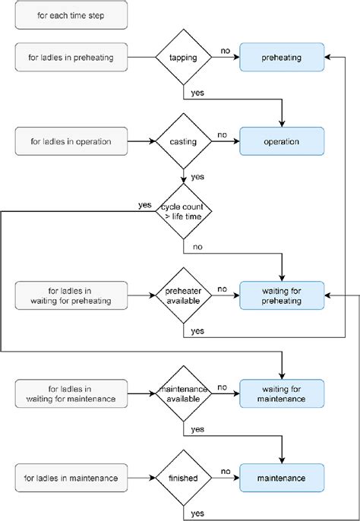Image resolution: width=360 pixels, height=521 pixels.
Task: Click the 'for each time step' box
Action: coord(71,15)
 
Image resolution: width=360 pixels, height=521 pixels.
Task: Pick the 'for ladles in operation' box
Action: coord(71,141)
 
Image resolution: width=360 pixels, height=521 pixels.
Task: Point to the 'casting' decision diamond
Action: coord(184,141)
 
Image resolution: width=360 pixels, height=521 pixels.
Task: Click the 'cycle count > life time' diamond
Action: coord(184,212)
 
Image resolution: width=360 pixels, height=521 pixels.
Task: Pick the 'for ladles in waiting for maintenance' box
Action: coord(71,393)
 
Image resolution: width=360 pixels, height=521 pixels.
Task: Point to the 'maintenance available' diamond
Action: coord(184,393)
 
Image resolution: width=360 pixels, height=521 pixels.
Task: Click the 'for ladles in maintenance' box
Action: coord(71,478)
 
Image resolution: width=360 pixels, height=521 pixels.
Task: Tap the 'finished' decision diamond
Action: coord(184,478)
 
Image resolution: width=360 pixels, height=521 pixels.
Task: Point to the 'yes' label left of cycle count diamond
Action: coord(144,204)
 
